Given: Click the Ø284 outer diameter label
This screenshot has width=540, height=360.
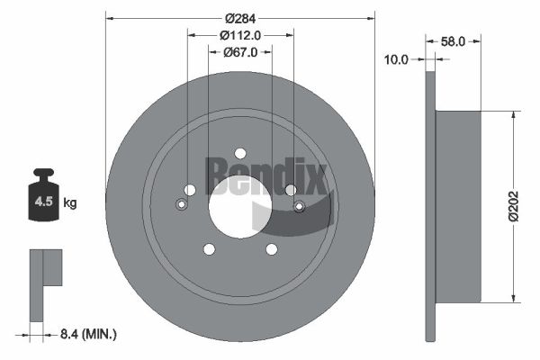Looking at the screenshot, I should point(240,18).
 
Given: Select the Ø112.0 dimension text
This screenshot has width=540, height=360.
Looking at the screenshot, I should point(240,35).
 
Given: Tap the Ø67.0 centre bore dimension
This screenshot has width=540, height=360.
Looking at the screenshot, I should point(240,52).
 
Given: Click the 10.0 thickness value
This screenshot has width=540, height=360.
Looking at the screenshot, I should point(396,59).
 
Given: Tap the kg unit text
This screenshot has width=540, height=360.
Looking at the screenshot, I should point(70,203).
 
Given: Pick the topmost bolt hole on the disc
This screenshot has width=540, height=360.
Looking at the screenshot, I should point(240,153).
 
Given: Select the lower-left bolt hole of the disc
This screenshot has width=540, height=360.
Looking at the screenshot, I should point(209,249).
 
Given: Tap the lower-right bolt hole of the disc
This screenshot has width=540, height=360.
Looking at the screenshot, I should point(272,249).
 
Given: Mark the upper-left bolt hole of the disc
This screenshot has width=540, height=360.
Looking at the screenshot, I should point(189,190).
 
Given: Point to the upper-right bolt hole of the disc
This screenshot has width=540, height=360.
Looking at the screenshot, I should point(291,190).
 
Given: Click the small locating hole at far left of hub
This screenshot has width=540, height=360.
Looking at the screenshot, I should point(181,205).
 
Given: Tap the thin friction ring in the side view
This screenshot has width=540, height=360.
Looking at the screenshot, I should point(430,206).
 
